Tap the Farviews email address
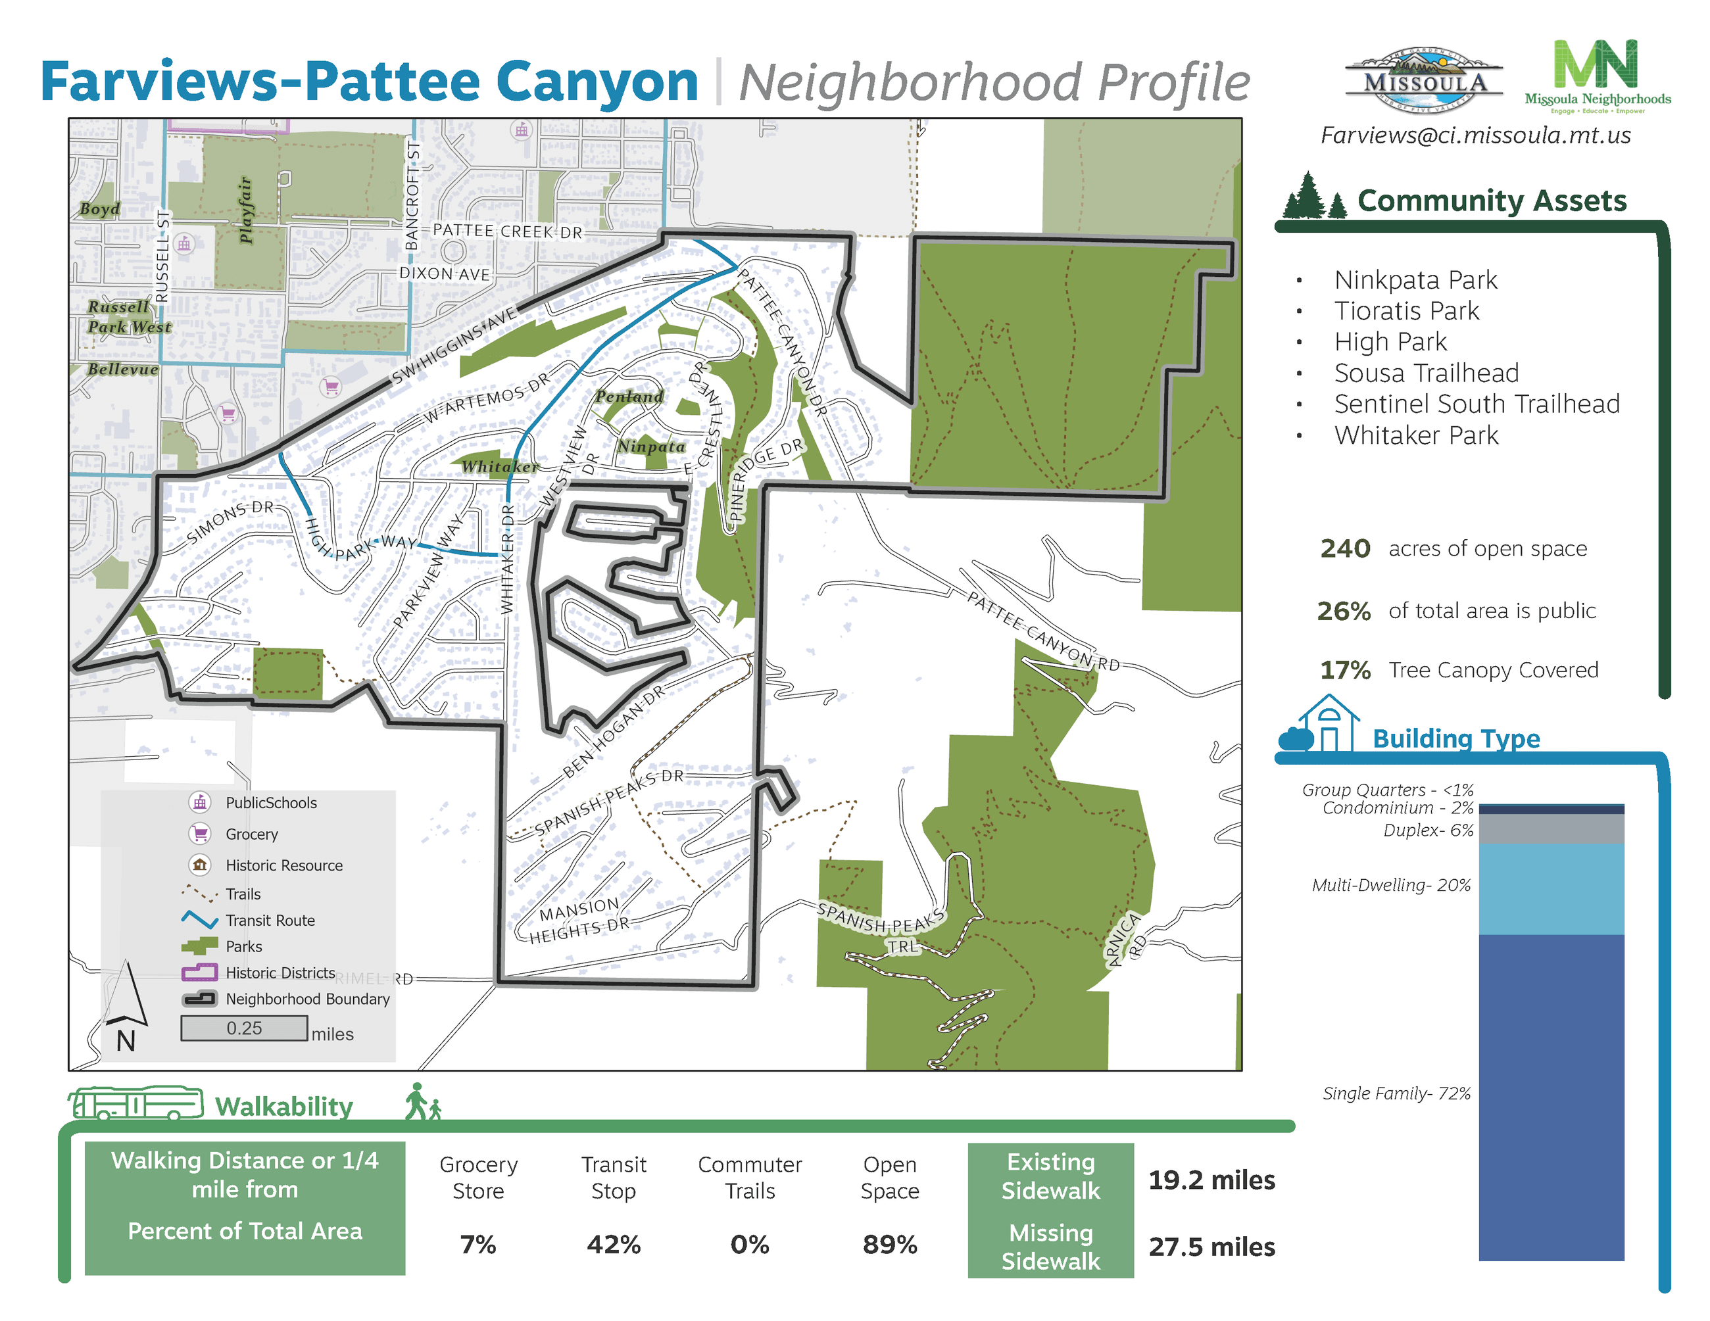[x=1475, y=135]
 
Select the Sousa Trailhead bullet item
[x=1426, y=373]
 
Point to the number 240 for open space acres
[x=1344, y=548]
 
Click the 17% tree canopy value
[x=1344, y=670]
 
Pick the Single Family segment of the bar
[x=1551, y=1095]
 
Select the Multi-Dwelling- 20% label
[x=1391, y=885]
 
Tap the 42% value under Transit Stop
[x=613, y=1244]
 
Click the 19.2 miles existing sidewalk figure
[x=1211, y=1180]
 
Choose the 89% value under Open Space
[x=889, y=1244]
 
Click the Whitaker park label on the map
[x=500, y=468]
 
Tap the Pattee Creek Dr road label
[x=507, y=231]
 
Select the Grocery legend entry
[x=251, y=834]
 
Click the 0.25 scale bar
[x=244, y=1028]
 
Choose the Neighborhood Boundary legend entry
[x=307, y=999]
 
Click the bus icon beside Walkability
[x=135, y=1103]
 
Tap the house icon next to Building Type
[x=1328, y=723]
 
